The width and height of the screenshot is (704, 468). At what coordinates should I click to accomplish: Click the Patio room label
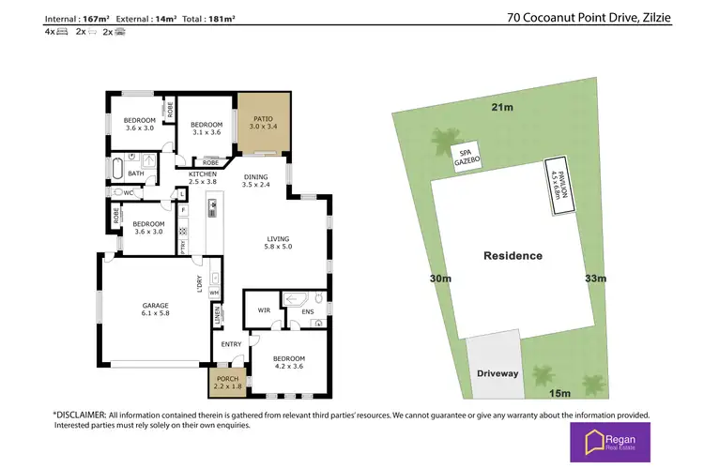[x=262, y=124]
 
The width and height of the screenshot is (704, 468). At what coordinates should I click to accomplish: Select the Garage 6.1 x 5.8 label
[x=155, y=310]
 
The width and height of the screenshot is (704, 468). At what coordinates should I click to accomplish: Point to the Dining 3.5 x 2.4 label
[x=255, y=181]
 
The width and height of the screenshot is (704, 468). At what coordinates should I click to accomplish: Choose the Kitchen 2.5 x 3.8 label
[x=203, y=178]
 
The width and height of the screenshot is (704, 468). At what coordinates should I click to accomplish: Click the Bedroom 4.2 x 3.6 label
[x=288, y=363]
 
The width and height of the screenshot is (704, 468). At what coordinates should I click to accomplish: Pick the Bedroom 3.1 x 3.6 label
[x=206, y=129]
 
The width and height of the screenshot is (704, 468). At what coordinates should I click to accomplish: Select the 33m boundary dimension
[x=596, y=279]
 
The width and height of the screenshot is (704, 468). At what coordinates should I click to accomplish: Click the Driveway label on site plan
[x=497, y=373]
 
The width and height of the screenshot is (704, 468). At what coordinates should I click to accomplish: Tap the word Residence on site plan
[x=513, y=256]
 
